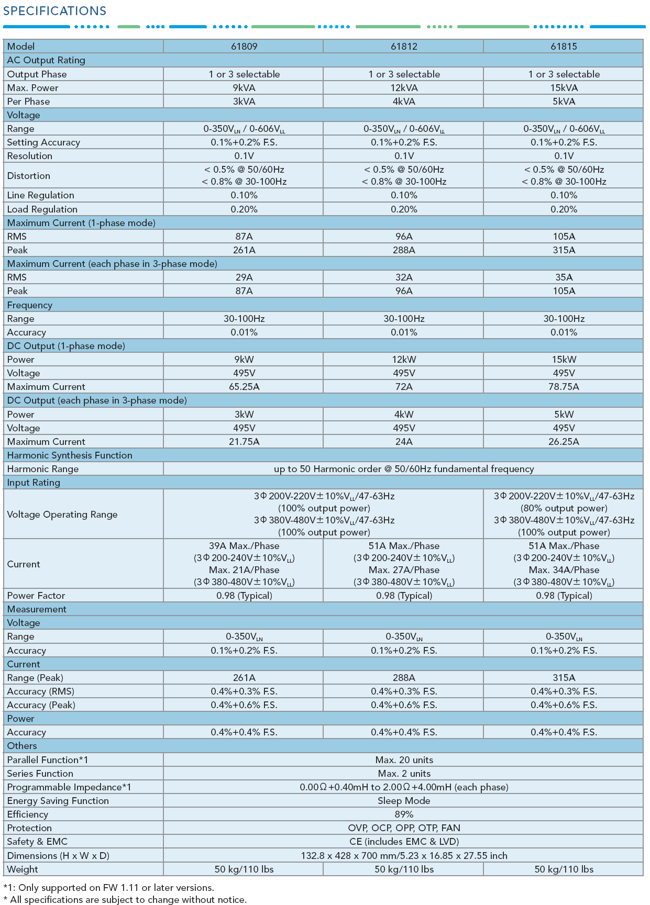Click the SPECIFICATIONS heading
54,11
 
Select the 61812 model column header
404,47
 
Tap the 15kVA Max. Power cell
564,88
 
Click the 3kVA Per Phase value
244,102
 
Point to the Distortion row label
29,176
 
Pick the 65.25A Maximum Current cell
244,387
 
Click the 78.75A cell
564,387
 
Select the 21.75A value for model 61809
244,442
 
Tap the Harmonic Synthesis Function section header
70,455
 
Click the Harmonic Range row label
43,469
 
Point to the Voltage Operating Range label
62,515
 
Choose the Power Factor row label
36,596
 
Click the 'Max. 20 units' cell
404,760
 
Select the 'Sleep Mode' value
404,801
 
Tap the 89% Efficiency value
404,814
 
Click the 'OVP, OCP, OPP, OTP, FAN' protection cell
404,828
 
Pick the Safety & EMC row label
37,842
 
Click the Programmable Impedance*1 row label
69,787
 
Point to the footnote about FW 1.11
109,888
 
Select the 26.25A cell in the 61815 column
564,442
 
